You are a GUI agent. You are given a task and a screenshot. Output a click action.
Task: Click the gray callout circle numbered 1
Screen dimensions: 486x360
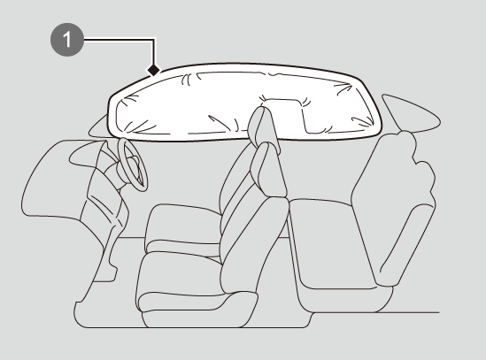coord(67,40)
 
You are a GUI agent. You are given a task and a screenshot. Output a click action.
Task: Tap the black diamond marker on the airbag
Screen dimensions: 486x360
coord(153,70)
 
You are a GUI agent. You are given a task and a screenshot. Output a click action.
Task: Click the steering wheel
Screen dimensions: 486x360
coord(133,165)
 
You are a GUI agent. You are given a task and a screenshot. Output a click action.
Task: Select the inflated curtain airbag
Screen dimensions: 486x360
coord(245,103)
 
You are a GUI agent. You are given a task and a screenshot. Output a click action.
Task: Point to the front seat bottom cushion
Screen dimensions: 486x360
coord(183,227)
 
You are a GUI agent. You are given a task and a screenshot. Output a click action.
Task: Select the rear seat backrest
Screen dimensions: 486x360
coord(394,211)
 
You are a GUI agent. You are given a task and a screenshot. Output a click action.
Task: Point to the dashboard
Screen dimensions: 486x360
coord(74,180)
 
